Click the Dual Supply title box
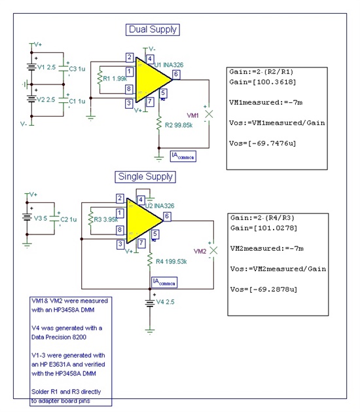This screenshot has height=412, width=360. pyautogui.click(x=153, y=29)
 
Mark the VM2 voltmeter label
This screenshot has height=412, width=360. pyautogui.click(x=200, y=251)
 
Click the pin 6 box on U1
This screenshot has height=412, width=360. pyautogui.click(x=175, y=75)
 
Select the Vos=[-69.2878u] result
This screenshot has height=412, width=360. pyautogui.click(x=261, y=288)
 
